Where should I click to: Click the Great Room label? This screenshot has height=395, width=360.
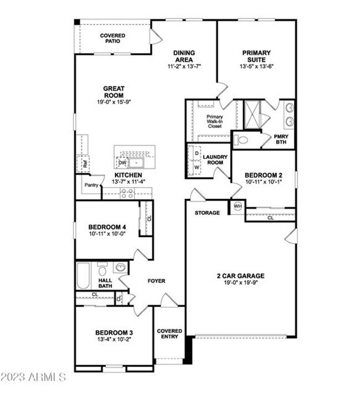click(114, 91)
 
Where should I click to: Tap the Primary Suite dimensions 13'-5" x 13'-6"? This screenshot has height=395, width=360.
click(256, 66)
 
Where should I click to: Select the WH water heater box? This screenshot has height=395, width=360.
click(238, 207)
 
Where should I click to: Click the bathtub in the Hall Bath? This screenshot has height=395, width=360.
click(84, 276)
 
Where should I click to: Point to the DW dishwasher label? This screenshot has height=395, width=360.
click(122, 163)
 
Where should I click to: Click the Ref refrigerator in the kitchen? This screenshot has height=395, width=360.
click(85, 164)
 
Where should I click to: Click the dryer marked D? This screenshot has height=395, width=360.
click(197, 152)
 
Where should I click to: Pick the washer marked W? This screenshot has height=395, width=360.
click(197, 167)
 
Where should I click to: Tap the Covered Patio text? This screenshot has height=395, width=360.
click(112, 39)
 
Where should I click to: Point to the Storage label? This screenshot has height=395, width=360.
click(207, 213)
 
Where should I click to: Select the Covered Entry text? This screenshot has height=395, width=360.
click(169, 335)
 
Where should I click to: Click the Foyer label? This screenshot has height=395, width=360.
click(156, 281)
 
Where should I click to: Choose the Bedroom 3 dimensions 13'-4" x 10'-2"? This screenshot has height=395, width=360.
click(114, 340)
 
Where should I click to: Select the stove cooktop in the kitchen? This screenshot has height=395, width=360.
click(127, 193)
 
